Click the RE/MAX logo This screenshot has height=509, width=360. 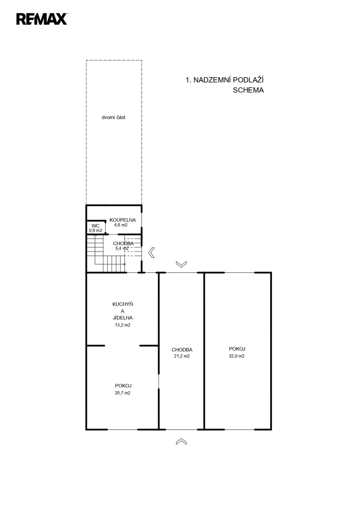point(42,19)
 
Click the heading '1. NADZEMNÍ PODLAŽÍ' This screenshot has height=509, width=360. point(224,80)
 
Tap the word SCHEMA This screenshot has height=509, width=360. point(248,90)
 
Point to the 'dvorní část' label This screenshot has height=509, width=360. point(113,117)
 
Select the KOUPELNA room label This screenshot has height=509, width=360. point(123,220)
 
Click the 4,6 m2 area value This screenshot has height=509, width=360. point(121,225)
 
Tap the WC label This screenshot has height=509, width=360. point(95,226)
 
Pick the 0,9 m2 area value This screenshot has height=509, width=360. point(96,230)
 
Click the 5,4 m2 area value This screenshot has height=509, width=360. point(122,249)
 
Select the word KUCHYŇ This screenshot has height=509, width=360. point(123,304)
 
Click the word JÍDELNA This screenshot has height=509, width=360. point(123,318)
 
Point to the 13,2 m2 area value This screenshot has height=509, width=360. point(123,325)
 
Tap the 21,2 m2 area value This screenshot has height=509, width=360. point(182,356)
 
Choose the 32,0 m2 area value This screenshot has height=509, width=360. point(237,356)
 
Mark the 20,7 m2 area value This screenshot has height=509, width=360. point(123,393)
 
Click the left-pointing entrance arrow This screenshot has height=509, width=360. point(151,252)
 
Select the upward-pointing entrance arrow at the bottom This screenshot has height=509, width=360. point(181,441)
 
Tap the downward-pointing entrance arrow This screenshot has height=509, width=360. point(181,264)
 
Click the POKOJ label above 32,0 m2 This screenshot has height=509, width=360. point(237,349)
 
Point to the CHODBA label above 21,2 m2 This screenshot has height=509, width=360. point(182,350)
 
